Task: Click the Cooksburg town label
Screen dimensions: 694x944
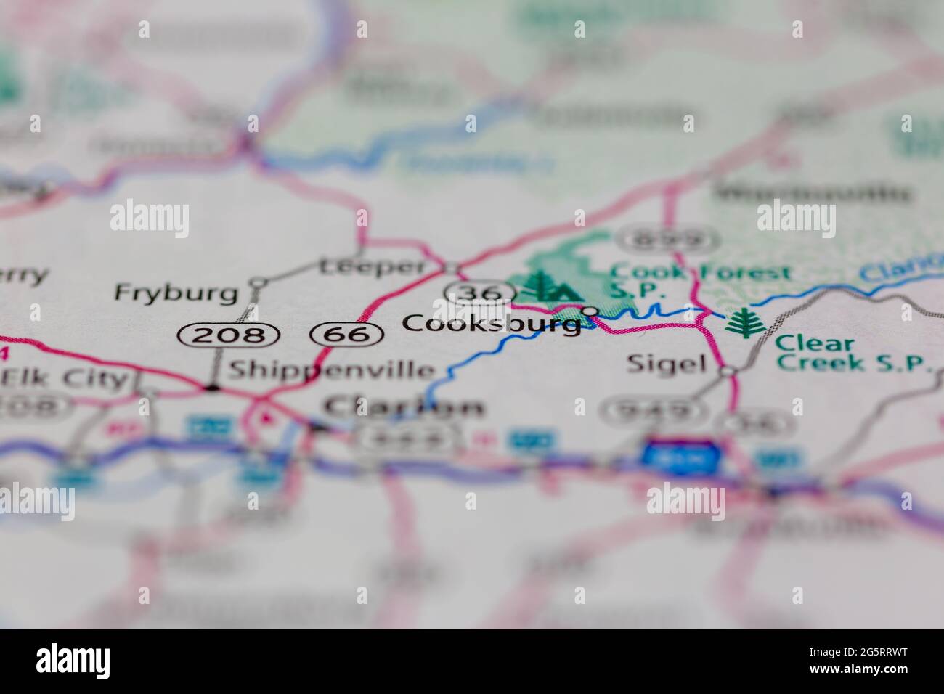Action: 492,323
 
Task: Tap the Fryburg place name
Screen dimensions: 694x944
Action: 176,293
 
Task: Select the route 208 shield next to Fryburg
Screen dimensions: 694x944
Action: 229,335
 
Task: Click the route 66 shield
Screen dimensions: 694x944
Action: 346,335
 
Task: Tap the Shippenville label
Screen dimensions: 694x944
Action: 331,370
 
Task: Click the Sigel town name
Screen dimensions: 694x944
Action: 666,363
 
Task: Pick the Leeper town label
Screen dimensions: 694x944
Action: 372,266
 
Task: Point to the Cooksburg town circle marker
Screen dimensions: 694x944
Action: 591,311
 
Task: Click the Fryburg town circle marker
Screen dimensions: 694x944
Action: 258,281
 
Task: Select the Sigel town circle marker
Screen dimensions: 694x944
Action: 728,371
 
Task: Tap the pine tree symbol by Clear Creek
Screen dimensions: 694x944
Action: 741,323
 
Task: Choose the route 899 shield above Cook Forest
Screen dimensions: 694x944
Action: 667,239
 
